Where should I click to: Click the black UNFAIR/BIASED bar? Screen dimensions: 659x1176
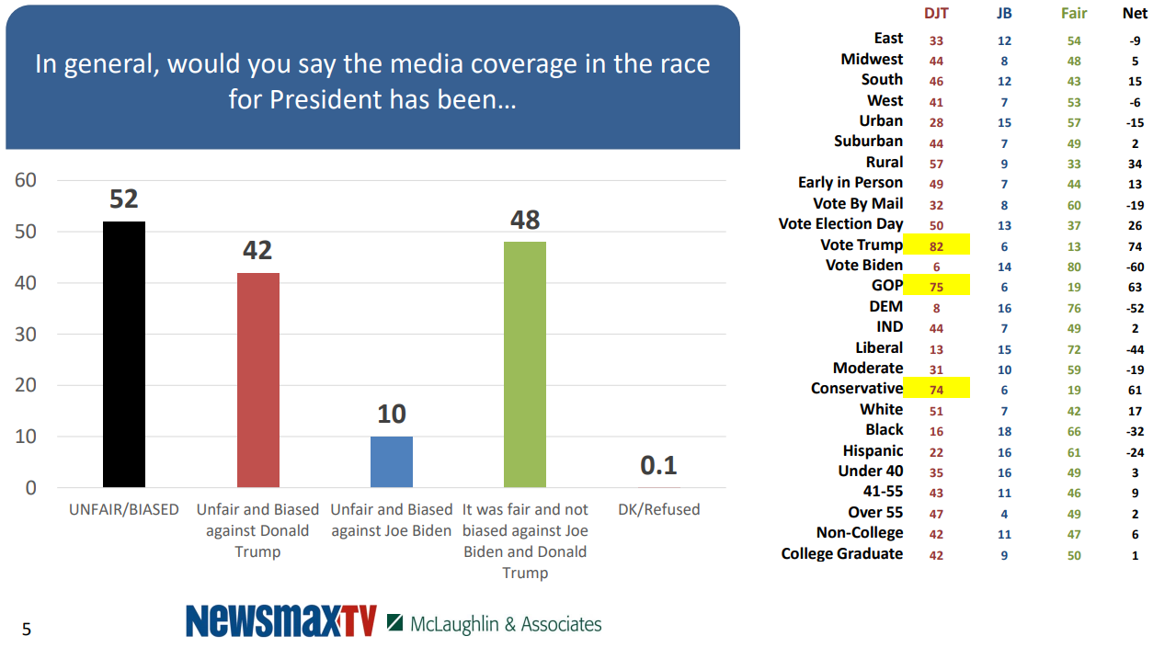coord(124,354)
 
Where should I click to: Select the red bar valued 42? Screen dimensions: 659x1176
coord(258,380)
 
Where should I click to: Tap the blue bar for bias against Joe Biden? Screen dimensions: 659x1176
coord(392,461)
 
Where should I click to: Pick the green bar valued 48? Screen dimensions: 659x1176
coord(525,364)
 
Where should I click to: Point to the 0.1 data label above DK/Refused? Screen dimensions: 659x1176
coord(658,465)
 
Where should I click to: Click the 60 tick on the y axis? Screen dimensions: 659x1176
coord(26,180)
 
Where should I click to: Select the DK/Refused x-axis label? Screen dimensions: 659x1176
coord(658,509)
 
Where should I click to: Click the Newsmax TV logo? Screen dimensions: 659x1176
coord(281,622)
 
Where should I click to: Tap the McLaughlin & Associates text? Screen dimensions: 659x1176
coord(505,624)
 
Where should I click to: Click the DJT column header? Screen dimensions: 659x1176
coord(936,14)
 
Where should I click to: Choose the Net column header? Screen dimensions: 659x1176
coord(1135,14)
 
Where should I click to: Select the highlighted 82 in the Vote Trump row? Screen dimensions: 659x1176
coord(936,245)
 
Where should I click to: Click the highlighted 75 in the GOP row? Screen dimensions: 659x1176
coord(936,286)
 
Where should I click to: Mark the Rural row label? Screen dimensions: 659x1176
coord(884,162)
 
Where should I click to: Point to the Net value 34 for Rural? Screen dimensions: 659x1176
coord(1135,164)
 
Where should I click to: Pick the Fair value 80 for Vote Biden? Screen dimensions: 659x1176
coord(1074,266)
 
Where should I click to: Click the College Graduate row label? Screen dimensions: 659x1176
coord(841,553)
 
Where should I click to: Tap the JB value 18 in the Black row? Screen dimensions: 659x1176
coord(1004,430)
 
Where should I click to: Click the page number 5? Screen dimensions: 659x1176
coord(27,630)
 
